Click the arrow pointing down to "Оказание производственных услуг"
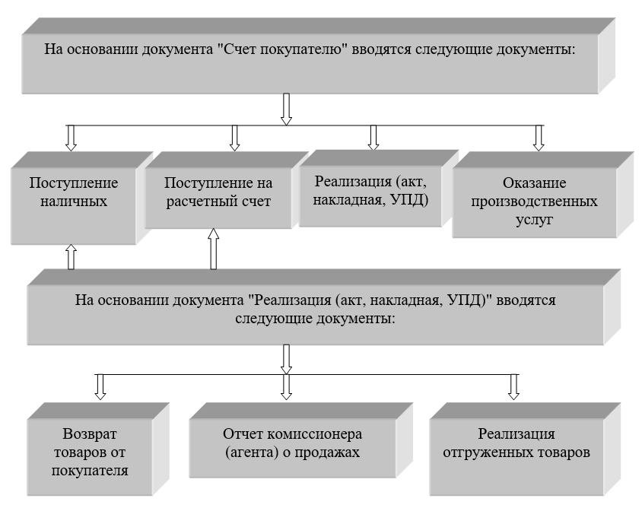(539, 136)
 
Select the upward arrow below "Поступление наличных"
(71, 256)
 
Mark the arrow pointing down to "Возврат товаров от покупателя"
(99, 386)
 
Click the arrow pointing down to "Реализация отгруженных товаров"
(513, 386)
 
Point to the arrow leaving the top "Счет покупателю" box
(287, 108)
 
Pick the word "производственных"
(534, 202)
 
